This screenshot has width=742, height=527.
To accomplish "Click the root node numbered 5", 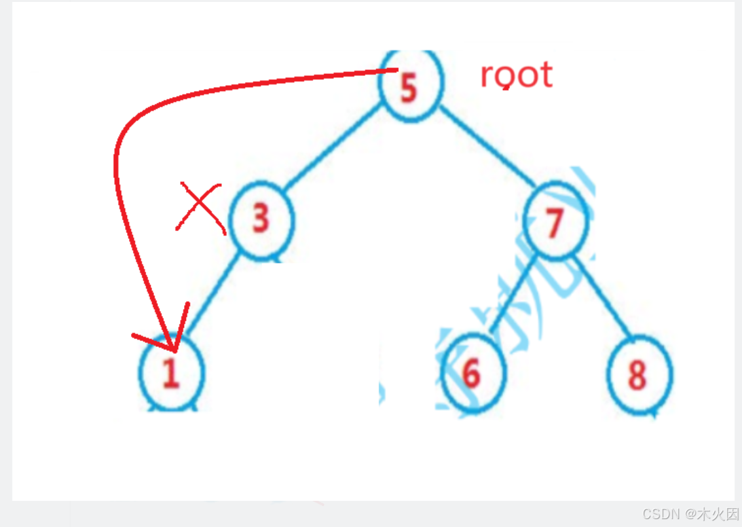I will click(x=411, y=86).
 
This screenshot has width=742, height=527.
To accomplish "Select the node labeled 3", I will click(x=262, y=220).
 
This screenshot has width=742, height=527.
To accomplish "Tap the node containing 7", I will click(x=556, y=223).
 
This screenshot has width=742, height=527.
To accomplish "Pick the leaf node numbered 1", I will click(x=172, y=372).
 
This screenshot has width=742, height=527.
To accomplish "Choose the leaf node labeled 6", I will click(x=473, y=373).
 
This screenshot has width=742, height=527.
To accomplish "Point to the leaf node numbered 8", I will click(x=639, y=374).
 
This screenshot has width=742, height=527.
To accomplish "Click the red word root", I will click(x=516, y=75).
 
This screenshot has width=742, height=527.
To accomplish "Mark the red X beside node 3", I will click(x=200, y=207).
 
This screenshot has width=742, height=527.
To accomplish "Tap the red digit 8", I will click(x=637, y=374).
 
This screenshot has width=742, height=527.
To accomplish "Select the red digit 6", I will click(x=471, y=373).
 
